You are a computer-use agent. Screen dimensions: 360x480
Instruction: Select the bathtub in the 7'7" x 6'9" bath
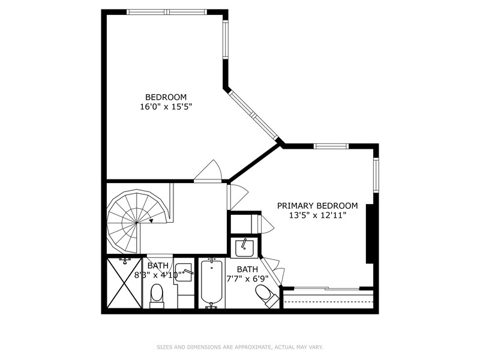click(211, 282)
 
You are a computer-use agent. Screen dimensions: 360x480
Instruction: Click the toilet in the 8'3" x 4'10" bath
click(157, 295)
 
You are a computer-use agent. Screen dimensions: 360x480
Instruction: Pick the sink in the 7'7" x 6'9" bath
click(245, 247)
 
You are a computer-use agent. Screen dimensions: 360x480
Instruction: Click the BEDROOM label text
click(166, 97)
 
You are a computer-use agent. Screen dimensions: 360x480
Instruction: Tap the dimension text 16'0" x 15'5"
click(166, 107)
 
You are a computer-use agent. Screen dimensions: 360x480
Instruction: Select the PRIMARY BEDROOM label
click(317, 205)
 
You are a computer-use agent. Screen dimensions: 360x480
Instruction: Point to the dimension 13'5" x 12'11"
click(317, 215)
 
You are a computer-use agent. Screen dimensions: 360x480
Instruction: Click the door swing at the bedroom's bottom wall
click(208, 171)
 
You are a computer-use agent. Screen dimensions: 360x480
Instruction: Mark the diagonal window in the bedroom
click(253, 114)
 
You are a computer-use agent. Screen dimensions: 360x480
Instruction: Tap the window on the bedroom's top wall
click(167, 11)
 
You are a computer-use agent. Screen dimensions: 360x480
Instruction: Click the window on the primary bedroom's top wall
click(331, 146)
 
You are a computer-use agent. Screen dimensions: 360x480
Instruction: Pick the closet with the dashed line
click(328, 299)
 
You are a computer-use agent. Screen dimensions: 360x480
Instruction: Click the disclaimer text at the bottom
click(240, 347)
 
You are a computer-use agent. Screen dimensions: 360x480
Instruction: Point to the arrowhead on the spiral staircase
click(151, 220)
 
